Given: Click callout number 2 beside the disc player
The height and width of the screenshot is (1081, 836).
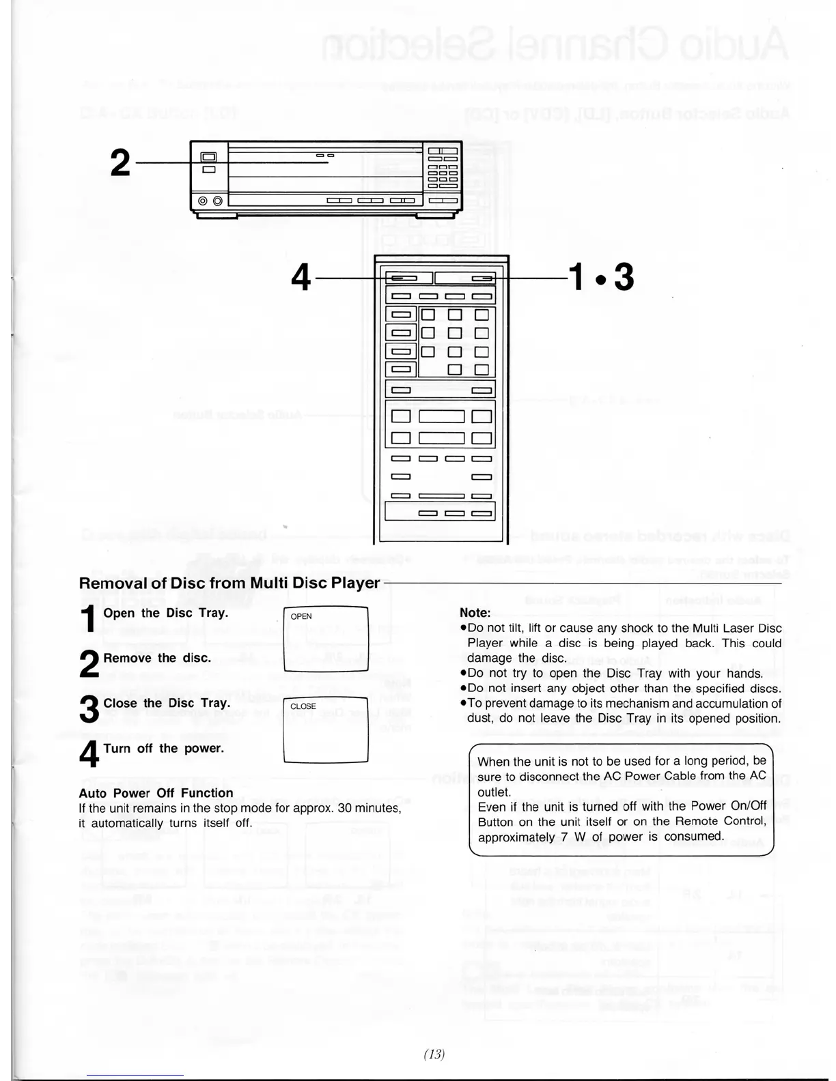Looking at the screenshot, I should click(x=120, y=162).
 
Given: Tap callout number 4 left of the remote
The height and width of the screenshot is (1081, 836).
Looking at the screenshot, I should click(x=301, y=278).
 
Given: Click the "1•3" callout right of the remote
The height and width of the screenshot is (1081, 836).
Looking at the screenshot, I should click(x=600, y=278).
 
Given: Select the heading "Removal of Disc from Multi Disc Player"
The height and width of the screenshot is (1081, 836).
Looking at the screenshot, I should click(x=229, y=583).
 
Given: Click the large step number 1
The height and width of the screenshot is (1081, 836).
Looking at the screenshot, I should click(x=88, y=618).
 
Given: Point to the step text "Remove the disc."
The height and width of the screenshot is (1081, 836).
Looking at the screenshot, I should click(x=157, y=658).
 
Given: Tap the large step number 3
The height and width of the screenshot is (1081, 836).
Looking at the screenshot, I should click(x=89, y=708).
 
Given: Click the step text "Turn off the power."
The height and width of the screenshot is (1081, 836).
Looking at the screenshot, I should click(x=163, y=748).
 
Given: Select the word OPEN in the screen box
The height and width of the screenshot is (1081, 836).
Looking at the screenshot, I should click(x=301, y=616).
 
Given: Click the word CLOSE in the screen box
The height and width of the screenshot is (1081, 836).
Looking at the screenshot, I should click(x=303, y=706).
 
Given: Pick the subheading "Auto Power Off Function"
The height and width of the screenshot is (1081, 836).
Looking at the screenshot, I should click(x=156, y=793).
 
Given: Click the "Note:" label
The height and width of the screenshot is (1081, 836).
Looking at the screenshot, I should click(x=475, y=613).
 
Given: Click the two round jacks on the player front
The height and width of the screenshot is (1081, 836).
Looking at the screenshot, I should click(x=210, y=201).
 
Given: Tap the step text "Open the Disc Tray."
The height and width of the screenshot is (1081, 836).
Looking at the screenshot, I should click(x=165, y=613).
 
